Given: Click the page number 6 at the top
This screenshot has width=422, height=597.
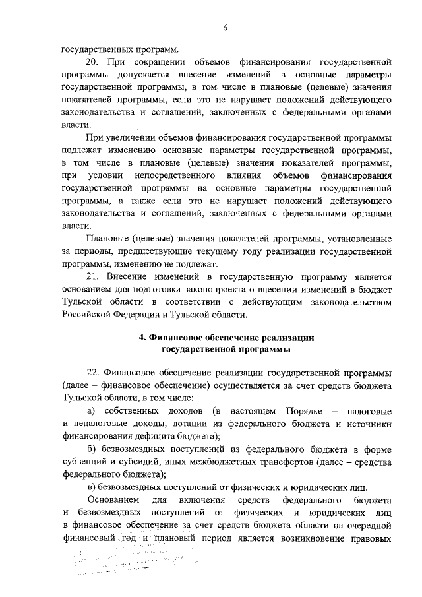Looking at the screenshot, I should point(225,27).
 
